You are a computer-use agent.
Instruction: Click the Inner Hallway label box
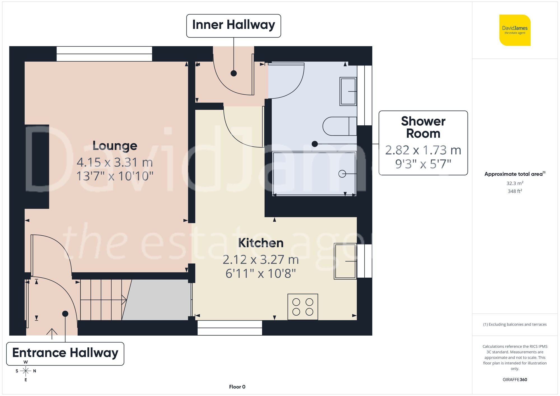(x=234, y=25)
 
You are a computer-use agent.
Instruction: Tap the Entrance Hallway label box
(x=65, y=353)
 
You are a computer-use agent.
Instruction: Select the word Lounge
(x=115, y=146)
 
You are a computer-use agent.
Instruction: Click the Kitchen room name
(x=261, y=243)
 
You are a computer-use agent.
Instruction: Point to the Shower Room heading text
(x=423, y=127)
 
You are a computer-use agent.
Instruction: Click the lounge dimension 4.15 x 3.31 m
(x=115, y=162)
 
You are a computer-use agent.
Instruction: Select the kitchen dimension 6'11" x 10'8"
(x=261, y=273)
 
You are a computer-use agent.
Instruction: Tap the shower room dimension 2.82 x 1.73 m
(x=423, y=150)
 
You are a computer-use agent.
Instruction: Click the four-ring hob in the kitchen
(x=303, y=307)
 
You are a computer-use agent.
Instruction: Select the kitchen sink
(x=345, y=261)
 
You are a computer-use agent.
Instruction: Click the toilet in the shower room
(x=339, y=126)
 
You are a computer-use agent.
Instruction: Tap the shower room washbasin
(x=348, y=91)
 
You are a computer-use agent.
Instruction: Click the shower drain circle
(x=342, y=174)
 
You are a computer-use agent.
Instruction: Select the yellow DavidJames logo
(x=515, y=30)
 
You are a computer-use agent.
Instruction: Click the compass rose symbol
(x=26, y=371)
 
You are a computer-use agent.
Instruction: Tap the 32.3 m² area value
(x=515, y=183)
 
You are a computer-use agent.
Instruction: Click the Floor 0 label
(x=237, y=387)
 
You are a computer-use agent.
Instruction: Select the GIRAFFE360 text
(x=515, y=380)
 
